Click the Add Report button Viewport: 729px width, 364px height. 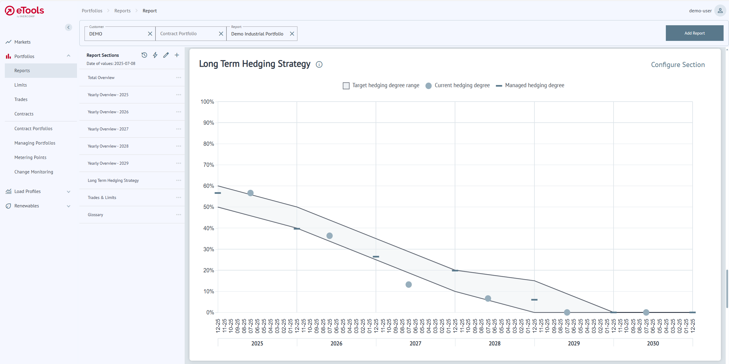click(x=694, y=33)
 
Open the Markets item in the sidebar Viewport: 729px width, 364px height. click(x=23, y=42)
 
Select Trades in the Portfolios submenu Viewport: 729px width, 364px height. click(x=21, y=99)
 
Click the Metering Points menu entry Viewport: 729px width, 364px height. click(x=30, y=158)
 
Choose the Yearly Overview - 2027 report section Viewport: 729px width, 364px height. click(x=108, y=129)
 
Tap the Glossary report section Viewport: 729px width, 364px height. click(x=95, y=215)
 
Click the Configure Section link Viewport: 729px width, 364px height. click(x=678, y=65)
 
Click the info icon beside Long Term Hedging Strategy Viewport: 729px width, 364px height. click(x=319, y=64)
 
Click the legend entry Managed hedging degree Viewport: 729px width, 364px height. click(x=534, y=85)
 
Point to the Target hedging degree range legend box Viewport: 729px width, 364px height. click(x=346, y=86)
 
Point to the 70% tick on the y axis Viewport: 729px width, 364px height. click(x=209, y=165)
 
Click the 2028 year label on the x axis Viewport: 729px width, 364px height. click(x=494, y=343)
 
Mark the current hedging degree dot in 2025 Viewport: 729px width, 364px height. click(x=251, y=193)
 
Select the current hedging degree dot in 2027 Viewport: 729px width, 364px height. click(x=408, y=284)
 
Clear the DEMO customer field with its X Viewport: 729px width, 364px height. click(x=150, y=34)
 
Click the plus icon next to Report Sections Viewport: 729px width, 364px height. click(x=177, y=55)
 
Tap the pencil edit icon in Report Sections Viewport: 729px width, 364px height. click(x=166, y=55)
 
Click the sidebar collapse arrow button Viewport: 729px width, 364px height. click(x=69, y=27)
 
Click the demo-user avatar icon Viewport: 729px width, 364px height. click(x=720, y=11)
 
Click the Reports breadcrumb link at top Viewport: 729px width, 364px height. click(x=122, y=11)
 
